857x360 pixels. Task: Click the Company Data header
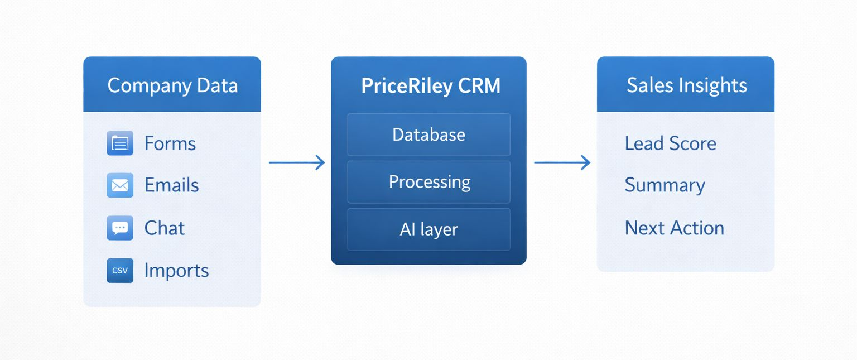point(172,85)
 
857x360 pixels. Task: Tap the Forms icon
point(120,143)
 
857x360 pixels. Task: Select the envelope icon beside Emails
point(120,185)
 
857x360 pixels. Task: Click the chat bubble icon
point(120,228)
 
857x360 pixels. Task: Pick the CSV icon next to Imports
point(120,271)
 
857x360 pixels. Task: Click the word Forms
point(170,143)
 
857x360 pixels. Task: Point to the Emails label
point(171,185)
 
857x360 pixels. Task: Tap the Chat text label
point(164,228)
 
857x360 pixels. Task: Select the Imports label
point(176,271)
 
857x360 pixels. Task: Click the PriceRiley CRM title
point(430,86)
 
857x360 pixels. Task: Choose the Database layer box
point(428,135)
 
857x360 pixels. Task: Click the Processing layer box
point(428,182)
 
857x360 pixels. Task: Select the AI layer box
point(428,229)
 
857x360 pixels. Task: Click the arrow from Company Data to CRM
point(296,162)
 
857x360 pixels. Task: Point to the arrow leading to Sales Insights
point(562,162)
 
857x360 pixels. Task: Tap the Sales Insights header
point(686,85)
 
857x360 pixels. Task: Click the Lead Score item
point(670,143)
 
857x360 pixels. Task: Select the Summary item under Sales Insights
point(665,185)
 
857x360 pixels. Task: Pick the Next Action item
point(674,228)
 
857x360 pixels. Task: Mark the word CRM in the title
point(479,86)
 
